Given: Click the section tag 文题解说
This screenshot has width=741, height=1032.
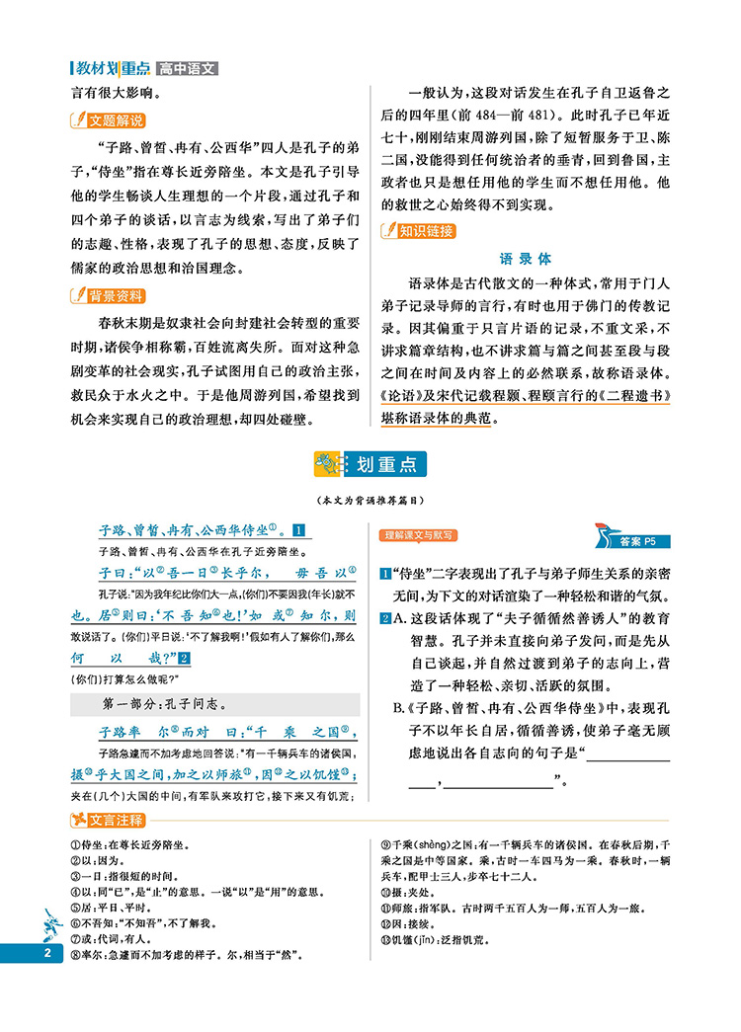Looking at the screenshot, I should (x=109, y=121).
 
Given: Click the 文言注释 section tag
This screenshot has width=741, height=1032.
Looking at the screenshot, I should (x=109, y=820).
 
